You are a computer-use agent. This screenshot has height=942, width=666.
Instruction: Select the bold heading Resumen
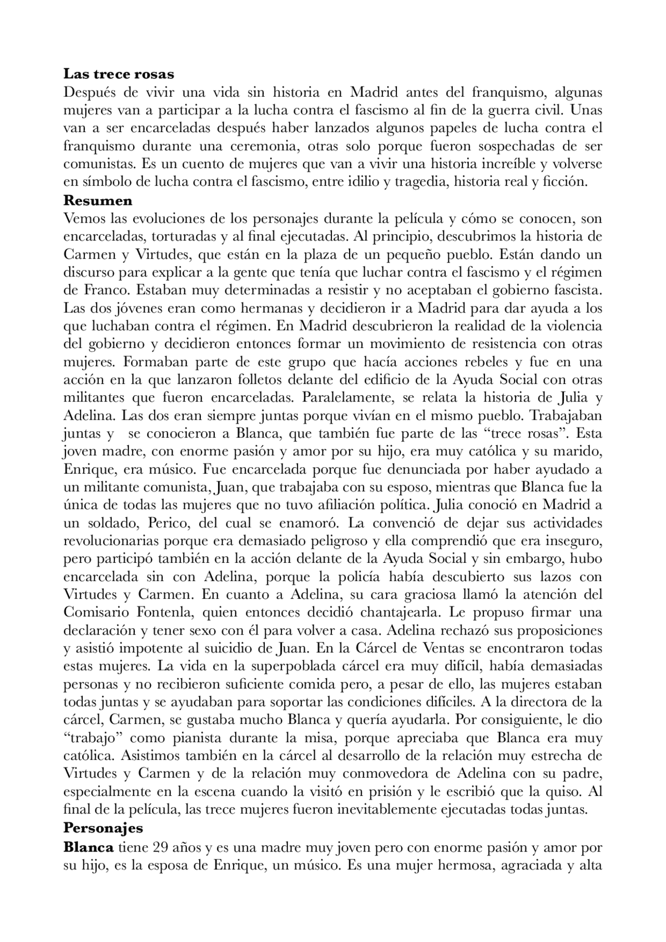click(98, 200)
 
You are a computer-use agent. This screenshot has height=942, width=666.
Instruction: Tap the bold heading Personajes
click(103, 827)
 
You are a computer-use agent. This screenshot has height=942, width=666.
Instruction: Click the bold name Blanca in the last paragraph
click(88, 847)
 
